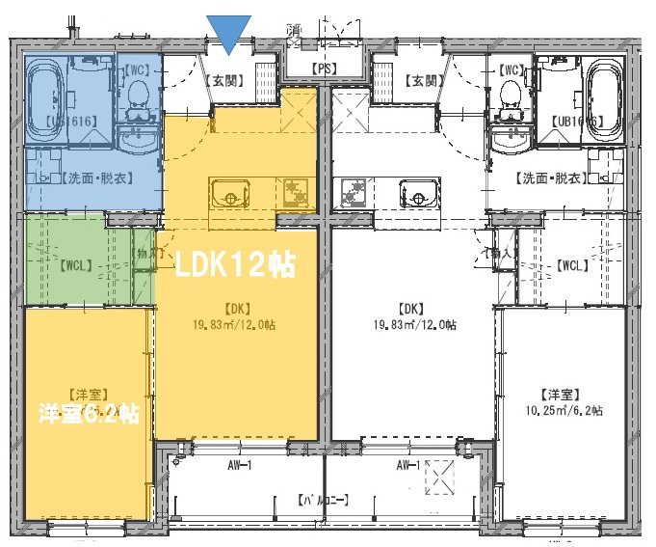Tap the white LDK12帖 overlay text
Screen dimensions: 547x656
[x=233, y=263]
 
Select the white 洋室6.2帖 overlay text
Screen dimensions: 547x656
[x=89, y=414]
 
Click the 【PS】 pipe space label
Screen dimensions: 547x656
[x=326, y=68]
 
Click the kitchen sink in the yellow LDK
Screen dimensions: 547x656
[x=230, y=192]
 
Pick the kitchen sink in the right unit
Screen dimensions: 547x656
[x=418, y=193]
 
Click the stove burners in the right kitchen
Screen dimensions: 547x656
[x=353, y=193]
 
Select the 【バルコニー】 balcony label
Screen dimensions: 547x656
[x=322, y=500]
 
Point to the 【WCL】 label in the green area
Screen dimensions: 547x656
[x=77, y=263]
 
